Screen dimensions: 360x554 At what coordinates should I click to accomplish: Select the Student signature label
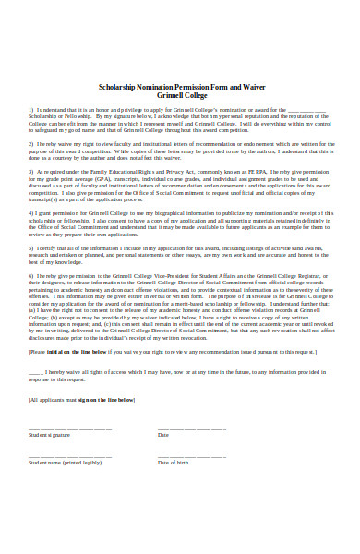point(51,434)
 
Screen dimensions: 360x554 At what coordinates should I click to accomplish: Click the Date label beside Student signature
point(163,434)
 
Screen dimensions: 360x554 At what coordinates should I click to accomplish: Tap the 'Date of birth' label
point(174,462)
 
